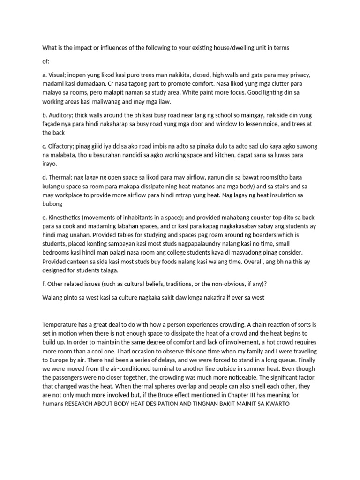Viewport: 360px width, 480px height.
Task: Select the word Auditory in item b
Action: pos(62,115)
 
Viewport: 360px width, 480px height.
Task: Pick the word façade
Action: pos(52,124)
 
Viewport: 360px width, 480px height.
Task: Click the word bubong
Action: pos(52,204)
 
